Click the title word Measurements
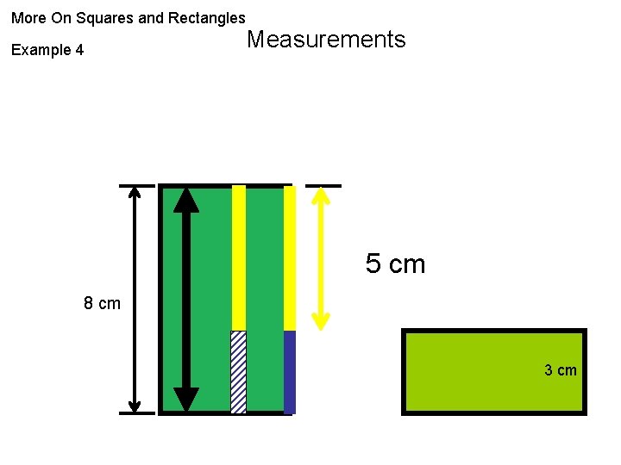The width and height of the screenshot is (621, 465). (x=326, y=40)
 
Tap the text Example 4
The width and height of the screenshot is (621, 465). (x=47, y=50)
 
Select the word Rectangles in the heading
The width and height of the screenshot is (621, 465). (x=207, y=17)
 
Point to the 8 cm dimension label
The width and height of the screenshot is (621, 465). (x=102, y=303)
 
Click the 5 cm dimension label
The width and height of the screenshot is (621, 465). (x=395, y=263)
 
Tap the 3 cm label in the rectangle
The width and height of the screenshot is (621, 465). (x=560, y=370)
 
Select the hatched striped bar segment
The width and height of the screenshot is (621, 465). (x=238, y=372)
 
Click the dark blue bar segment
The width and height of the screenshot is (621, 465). (x=290, y=372)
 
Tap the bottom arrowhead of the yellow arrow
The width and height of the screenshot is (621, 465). (x=321, y=321)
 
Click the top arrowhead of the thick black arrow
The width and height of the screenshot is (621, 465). (x=185, y=200)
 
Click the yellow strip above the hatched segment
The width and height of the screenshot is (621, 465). (x=239, y=258)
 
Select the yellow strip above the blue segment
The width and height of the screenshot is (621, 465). (x=290, y=258)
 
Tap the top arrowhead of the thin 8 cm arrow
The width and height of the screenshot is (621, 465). (x=135, y=194)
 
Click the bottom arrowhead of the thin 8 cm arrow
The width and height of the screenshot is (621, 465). (x=135, y=405)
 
